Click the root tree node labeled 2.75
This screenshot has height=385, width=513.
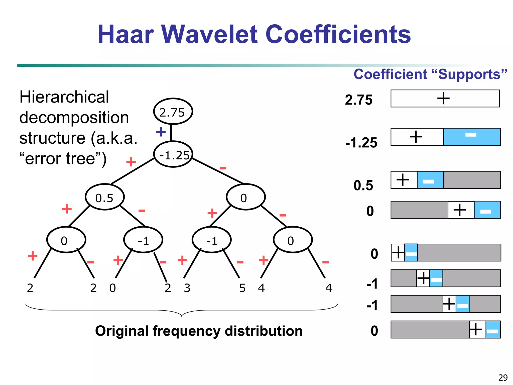[x=173, y=112]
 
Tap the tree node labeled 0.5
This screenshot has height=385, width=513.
[x=105, y=198]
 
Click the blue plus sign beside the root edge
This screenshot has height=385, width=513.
[x=161, y=132]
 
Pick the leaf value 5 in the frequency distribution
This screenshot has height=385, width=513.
[x=242, y=288]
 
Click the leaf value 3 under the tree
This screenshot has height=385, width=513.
[x=187, y=288]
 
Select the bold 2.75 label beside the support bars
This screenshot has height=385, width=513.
[x=359, y=100]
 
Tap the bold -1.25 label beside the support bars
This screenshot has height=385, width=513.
[x=361, y=143]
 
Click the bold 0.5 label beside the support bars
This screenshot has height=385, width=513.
[x=363, y=185]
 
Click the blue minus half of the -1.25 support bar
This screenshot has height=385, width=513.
[x=472, y=137]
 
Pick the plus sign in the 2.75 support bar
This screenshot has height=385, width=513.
[x=443, y=98]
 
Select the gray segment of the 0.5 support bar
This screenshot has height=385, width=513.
[x=472, y=180]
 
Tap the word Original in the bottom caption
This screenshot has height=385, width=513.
[x=122, y=331]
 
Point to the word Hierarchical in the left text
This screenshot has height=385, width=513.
[x=64, y=97]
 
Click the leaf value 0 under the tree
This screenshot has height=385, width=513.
[x=112, y=288]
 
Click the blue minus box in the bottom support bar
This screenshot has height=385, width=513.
[x=493, y=330]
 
